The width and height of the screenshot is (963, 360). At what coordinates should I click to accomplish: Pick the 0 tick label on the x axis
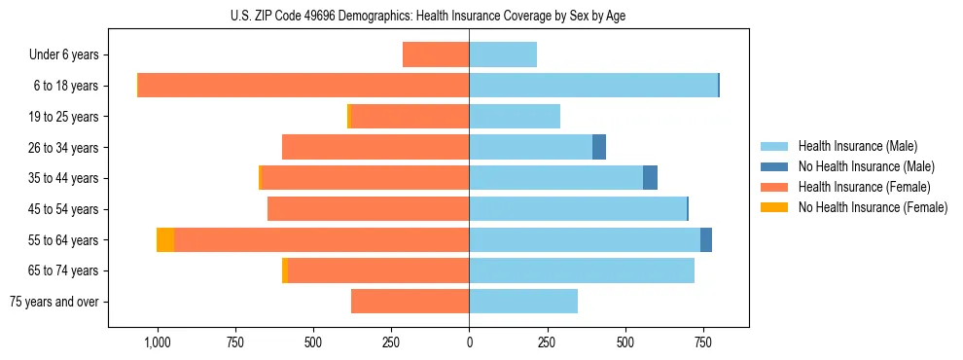(x=469, y=342)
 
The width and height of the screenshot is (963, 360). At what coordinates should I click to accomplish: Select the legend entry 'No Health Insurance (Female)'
(x=873, y=207)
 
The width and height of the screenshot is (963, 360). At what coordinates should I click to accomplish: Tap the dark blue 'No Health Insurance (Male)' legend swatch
(x=774, y=166)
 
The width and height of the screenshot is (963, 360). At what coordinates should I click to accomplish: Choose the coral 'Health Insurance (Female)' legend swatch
(x=774, y=187)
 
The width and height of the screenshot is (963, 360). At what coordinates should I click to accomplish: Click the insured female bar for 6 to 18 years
(x=303, y=86)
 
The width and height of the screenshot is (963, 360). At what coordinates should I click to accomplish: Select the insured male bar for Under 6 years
(x=503, y=55)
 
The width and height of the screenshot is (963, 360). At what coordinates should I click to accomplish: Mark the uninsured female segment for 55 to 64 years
(x=165, y=240)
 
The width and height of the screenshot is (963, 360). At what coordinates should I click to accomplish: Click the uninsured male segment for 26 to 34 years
(x=599, y=148)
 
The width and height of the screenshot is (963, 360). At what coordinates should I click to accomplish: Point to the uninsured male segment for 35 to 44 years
(x=650, y=178)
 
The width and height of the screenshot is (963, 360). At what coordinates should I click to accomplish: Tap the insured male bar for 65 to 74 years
(x=582, y=270)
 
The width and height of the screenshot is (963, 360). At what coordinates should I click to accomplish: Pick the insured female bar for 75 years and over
(x=410, y=302)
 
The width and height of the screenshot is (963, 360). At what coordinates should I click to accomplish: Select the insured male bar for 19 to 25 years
(x=515, y=117)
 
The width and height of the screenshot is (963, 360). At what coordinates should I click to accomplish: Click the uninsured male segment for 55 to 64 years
(x=706, y=240)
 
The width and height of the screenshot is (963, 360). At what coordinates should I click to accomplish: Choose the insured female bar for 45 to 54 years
(x=368, y=209)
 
